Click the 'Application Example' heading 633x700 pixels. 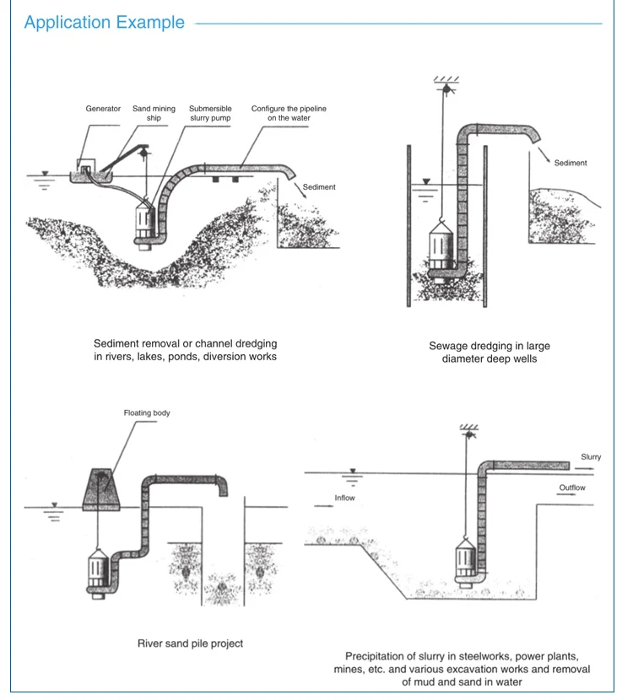[x=105, y=23]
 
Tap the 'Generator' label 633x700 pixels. [x=103, y=109]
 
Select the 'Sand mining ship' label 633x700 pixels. [x=154, y=113]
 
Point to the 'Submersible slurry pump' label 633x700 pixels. [x=209, y=113]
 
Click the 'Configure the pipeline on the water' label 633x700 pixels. [x=289, y=113]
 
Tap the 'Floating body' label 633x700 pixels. [x=147, y=413]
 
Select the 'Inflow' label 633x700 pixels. [x=345, y=498]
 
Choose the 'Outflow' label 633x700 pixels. [x=571, y=488]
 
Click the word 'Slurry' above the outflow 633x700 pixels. [x=591, y=457]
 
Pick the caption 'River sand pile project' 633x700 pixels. [x=190, y=643]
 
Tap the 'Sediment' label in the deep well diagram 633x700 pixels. [x=571, y=163]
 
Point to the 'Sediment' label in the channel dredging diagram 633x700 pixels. [x=318, y=187]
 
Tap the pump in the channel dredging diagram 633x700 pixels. [x=143, y=223]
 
